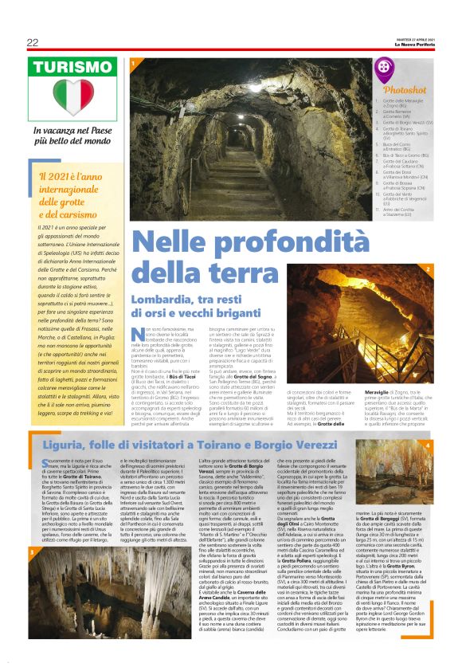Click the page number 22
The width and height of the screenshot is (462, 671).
point(32,42)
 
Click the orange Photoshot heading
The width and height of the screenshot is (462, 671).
point(405,90)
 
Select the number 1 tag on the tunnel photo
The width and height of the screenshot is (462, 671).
point(133,62)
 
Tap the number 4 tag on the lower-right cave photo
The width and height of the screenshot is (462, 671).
point(428,444)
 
